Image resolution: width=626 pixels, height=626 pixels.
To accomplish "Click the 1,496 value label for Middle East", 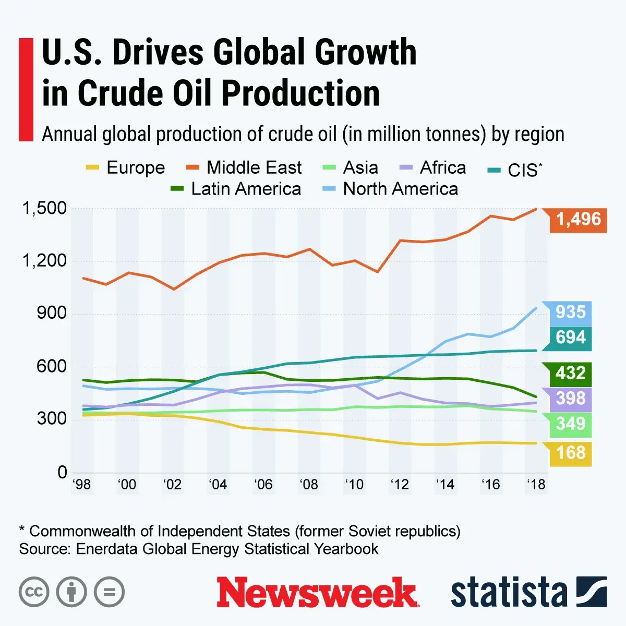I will point(578,219).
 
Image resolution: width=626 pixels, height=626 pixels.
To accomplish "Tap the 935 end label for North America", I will point(571,312).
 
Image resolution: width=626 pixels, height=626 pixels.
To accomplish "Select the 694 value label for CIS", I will point(571,338).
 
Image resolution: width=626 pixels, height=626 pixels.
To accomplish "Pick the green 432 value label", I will point(571,374).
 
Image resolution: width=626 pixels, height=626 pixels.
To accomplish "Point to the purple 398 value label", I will point(571,399).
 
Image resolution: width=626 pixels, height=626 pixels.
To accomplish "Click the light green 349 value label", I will point(571,424).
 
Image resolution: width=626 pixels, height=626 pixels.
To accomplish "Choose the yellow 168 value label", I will point(571,452).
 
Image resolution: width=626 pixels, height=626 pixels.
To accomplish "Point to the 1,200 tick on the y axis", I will point(44,261).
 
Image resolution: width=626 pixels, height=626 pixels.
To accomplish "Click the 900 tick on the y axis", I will point(52,314).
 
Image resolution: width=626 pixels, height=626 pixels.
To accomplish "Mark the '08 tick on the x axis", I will point(309,485).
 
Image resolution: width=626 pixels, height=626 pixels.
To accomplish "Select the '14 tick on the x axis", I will point(445,485).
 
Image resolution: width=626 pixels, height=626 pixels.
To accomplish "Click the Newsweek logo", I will point(317,593).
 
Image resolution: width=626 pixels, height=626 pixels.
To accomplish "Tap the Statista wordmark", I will point(509,593).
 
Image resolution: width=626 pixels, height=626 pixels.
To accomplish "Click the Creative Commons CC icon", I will point(34,592).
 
